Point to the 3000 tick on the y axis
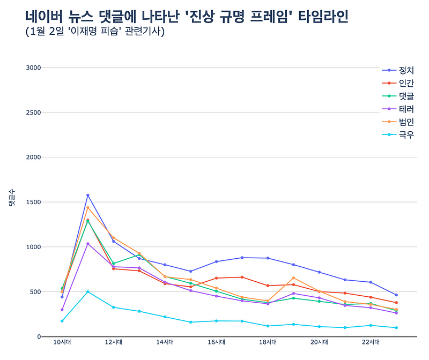click(x=33, y=67)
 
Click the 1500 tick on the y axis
click(x=33, y=202)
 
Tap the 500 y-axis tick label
click(x=35, y=292)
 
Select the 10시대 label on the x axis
click(x=62, y=342)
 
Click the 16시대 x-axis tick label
click(x=217, y=342)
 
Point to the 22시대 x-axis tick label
click(x=371, y=342)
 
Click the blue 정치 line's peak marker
click(x=88, y=195)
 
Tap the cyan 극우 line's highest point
click(x=88, y=291)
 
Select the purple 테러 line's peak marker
click(x=88, y=244)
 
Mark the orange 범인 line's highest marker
click(x=88, y=208)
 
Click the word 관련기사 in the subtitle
click(x=144, y=32)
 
